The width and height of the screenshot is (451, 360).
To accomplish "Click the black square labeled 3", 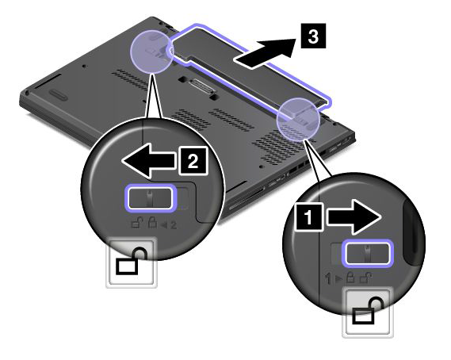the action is pos(313,36).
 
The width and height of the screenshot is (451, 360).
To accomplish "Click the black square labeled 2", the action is pos(193,161).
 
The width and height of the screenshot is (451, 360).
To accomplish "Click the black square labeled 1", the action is pos(308,216).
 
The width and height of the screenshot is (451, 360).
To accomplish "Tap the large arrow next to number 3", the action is pos(266,52).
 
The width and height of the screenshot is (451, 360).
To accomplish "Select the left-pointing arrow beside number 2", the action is pos(149,161).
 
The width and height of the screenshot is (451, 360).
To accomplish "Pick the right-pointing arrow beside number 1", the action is pos(354,216).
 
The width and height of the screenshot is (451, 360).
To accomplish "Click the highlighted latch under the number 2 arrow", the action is pos(150,197).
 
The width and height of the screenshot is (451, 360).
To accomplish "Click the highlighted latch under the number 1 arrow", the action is pos(367,252).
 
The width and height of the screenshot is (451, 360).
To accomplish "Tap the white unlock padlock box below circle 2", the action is pos(132,262).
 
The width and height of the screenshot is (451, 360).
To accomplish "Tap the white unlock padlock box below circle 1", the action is pos(368,312).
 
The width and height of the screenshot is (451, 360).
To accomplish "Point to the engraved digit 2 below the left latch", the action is pos(173,224).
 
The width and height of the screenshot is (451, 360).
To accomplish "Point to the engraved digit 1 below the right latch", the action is pos(328,278).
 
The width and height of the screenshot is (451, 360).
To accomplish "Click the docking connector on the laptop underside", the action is pos(204,86).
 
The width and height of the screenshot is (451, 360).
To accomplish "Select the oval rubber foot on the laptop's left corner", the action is pos(57,94).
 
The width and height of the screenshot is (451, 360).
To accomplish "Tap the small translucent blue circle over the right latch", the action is pos(298,120).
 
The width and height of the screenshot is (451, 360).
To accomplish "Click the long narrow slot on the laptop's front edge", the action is pos(247,199).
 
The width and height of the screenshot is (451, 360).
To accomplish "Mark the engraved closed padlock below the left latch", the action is pos(152,223).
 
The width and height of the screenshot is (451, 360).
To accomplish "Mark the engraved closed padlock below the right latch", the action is pos(350,278).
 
